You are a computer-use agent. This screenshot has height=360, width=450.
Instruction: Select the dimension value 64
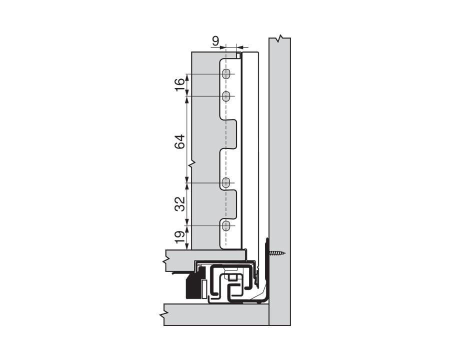(180, 141)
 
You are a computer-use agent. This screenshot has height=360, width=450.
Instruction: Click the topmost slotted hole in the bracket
(226, 74)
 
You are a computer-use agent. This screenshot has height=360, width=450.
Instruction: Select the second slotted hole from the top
(226, 96)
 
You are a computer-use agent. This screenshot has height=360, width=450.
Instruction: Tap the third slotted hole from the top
(226, 183)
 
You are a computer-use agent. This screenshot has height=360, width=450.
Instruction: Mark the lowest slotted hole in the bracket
(226, 226)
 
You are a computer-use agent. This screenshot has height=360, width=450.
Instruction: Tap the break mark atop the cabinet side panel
(280, 38)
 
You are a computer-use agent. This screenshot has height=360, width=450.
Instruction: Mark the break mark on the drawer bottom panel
(165, 260)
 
